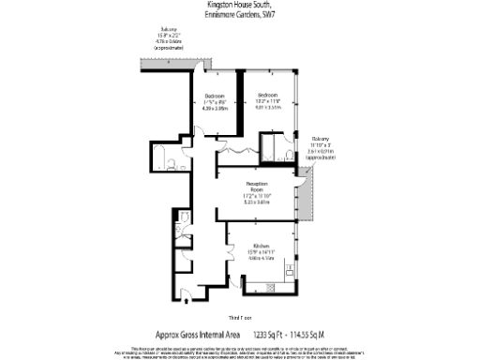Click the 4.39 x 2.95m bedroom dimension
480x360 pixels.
pos(217,108)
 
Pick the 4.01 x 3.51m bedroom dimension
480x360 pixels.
pos(269,107)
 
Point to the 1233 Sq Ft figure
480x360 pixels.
pos(264,333)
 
